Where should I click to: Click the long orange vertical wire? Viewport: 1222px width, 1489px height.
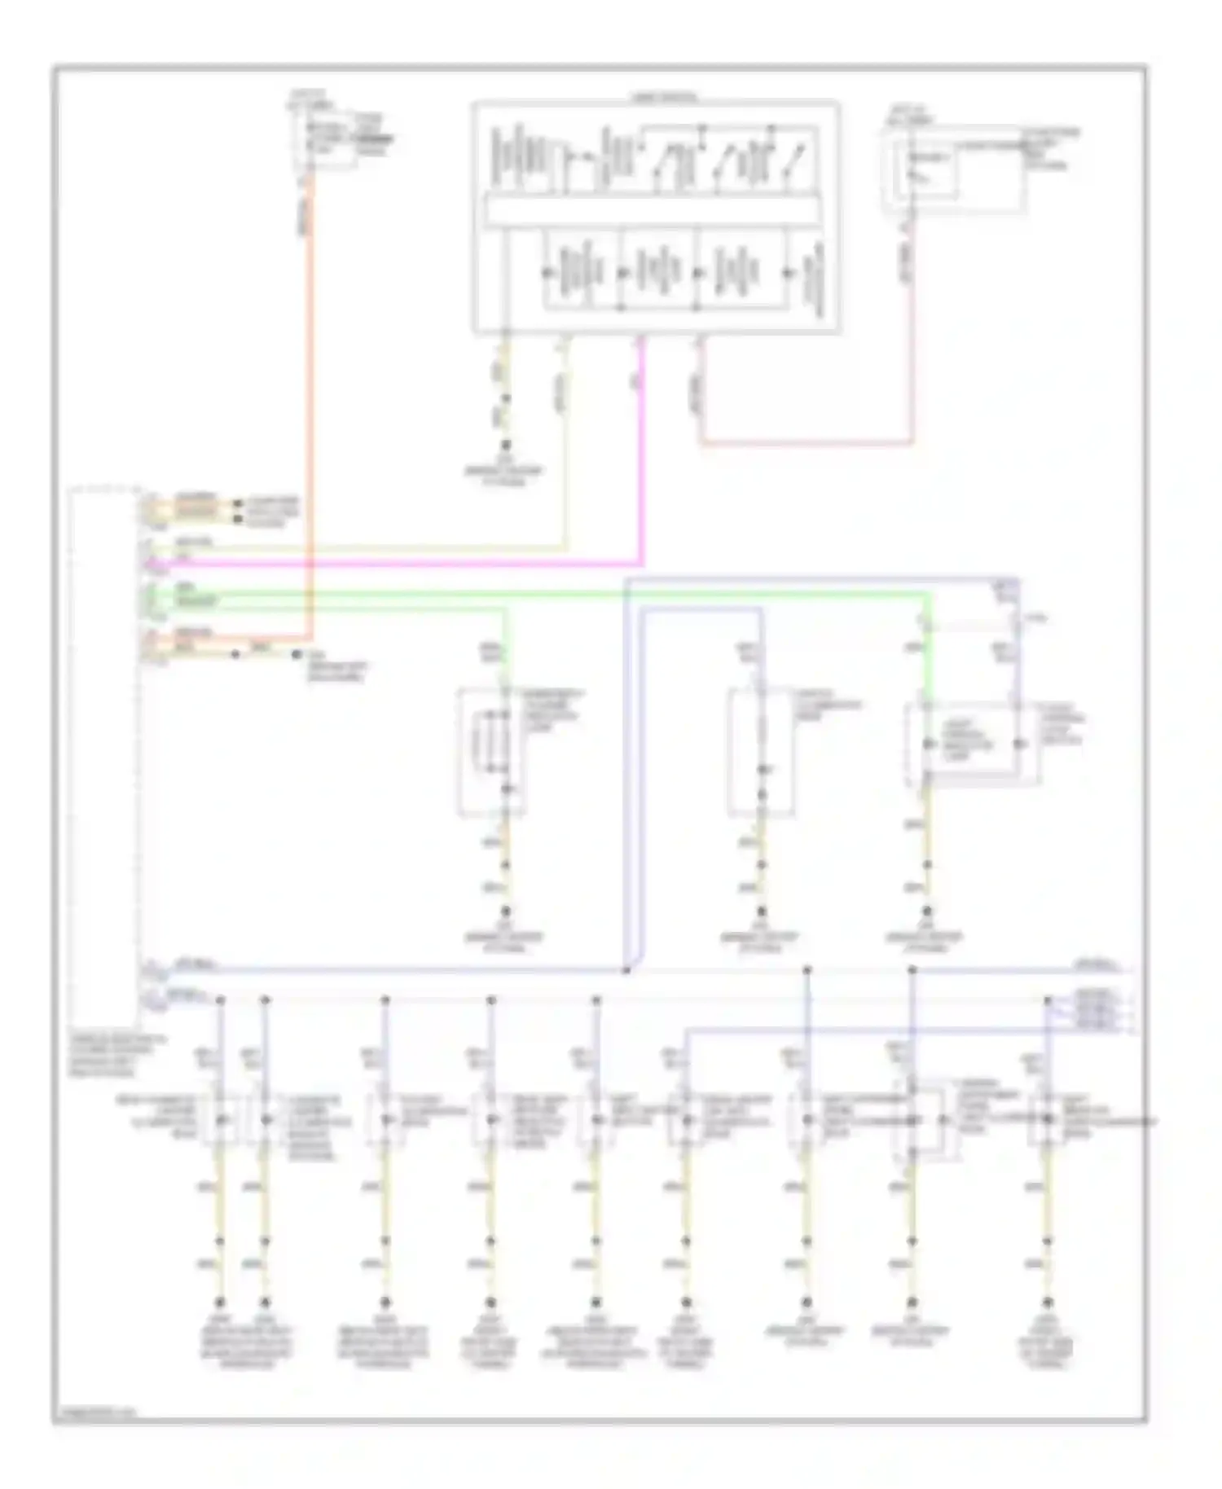[310, 407]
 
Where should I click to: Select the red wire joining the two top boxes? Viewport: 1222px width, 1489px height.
[807, 444]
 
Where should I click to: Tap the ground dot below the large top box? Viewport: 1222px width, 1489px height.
[505, 446]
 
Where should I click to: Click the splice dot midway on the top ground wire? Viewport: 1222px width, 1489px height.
[505, 399]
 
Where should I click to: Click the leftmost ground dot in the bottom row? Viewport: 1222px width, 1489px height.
[219, 1302]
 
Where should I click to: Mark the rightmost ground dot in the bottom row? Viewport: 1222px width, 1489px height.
[1048, 1302]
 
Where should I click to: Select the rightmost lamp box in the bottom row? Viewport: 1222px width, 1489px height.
[1048, 1121]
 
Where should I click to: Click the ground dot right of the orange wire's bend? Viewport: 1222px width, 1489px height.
[297, 654]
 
